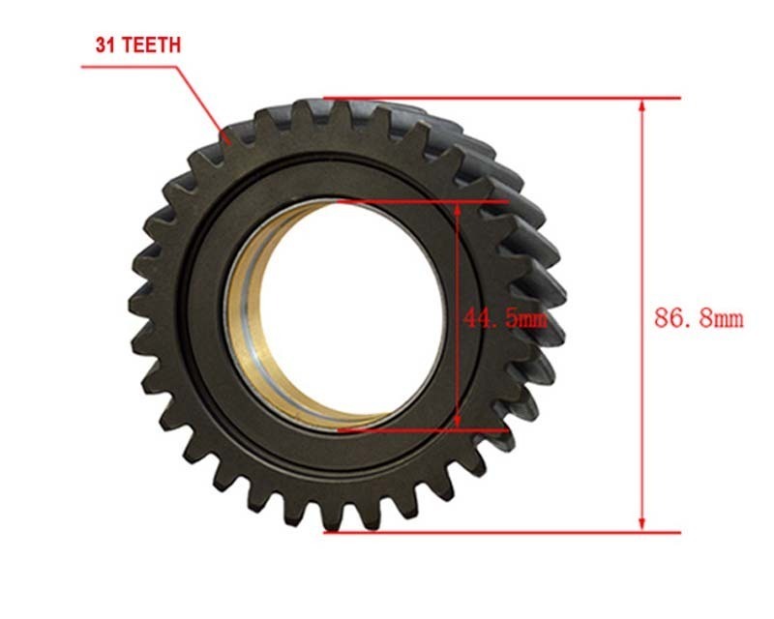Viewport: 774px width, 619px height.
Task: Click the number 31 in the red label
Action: coord(105,44)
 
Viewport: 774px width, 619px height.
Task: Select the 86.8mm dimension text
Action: coord(699,318)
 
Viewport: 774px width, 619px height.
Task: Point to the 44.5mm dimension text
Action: coord(504,318)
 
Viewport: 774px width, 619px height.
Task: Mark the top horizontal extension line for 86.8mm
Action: coord(503,98)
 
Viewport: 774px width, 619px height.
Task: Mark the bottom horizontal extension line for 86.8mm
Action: coord(503,531)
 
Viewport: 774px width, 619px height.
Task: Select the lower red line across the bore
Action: coord(426,429)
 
